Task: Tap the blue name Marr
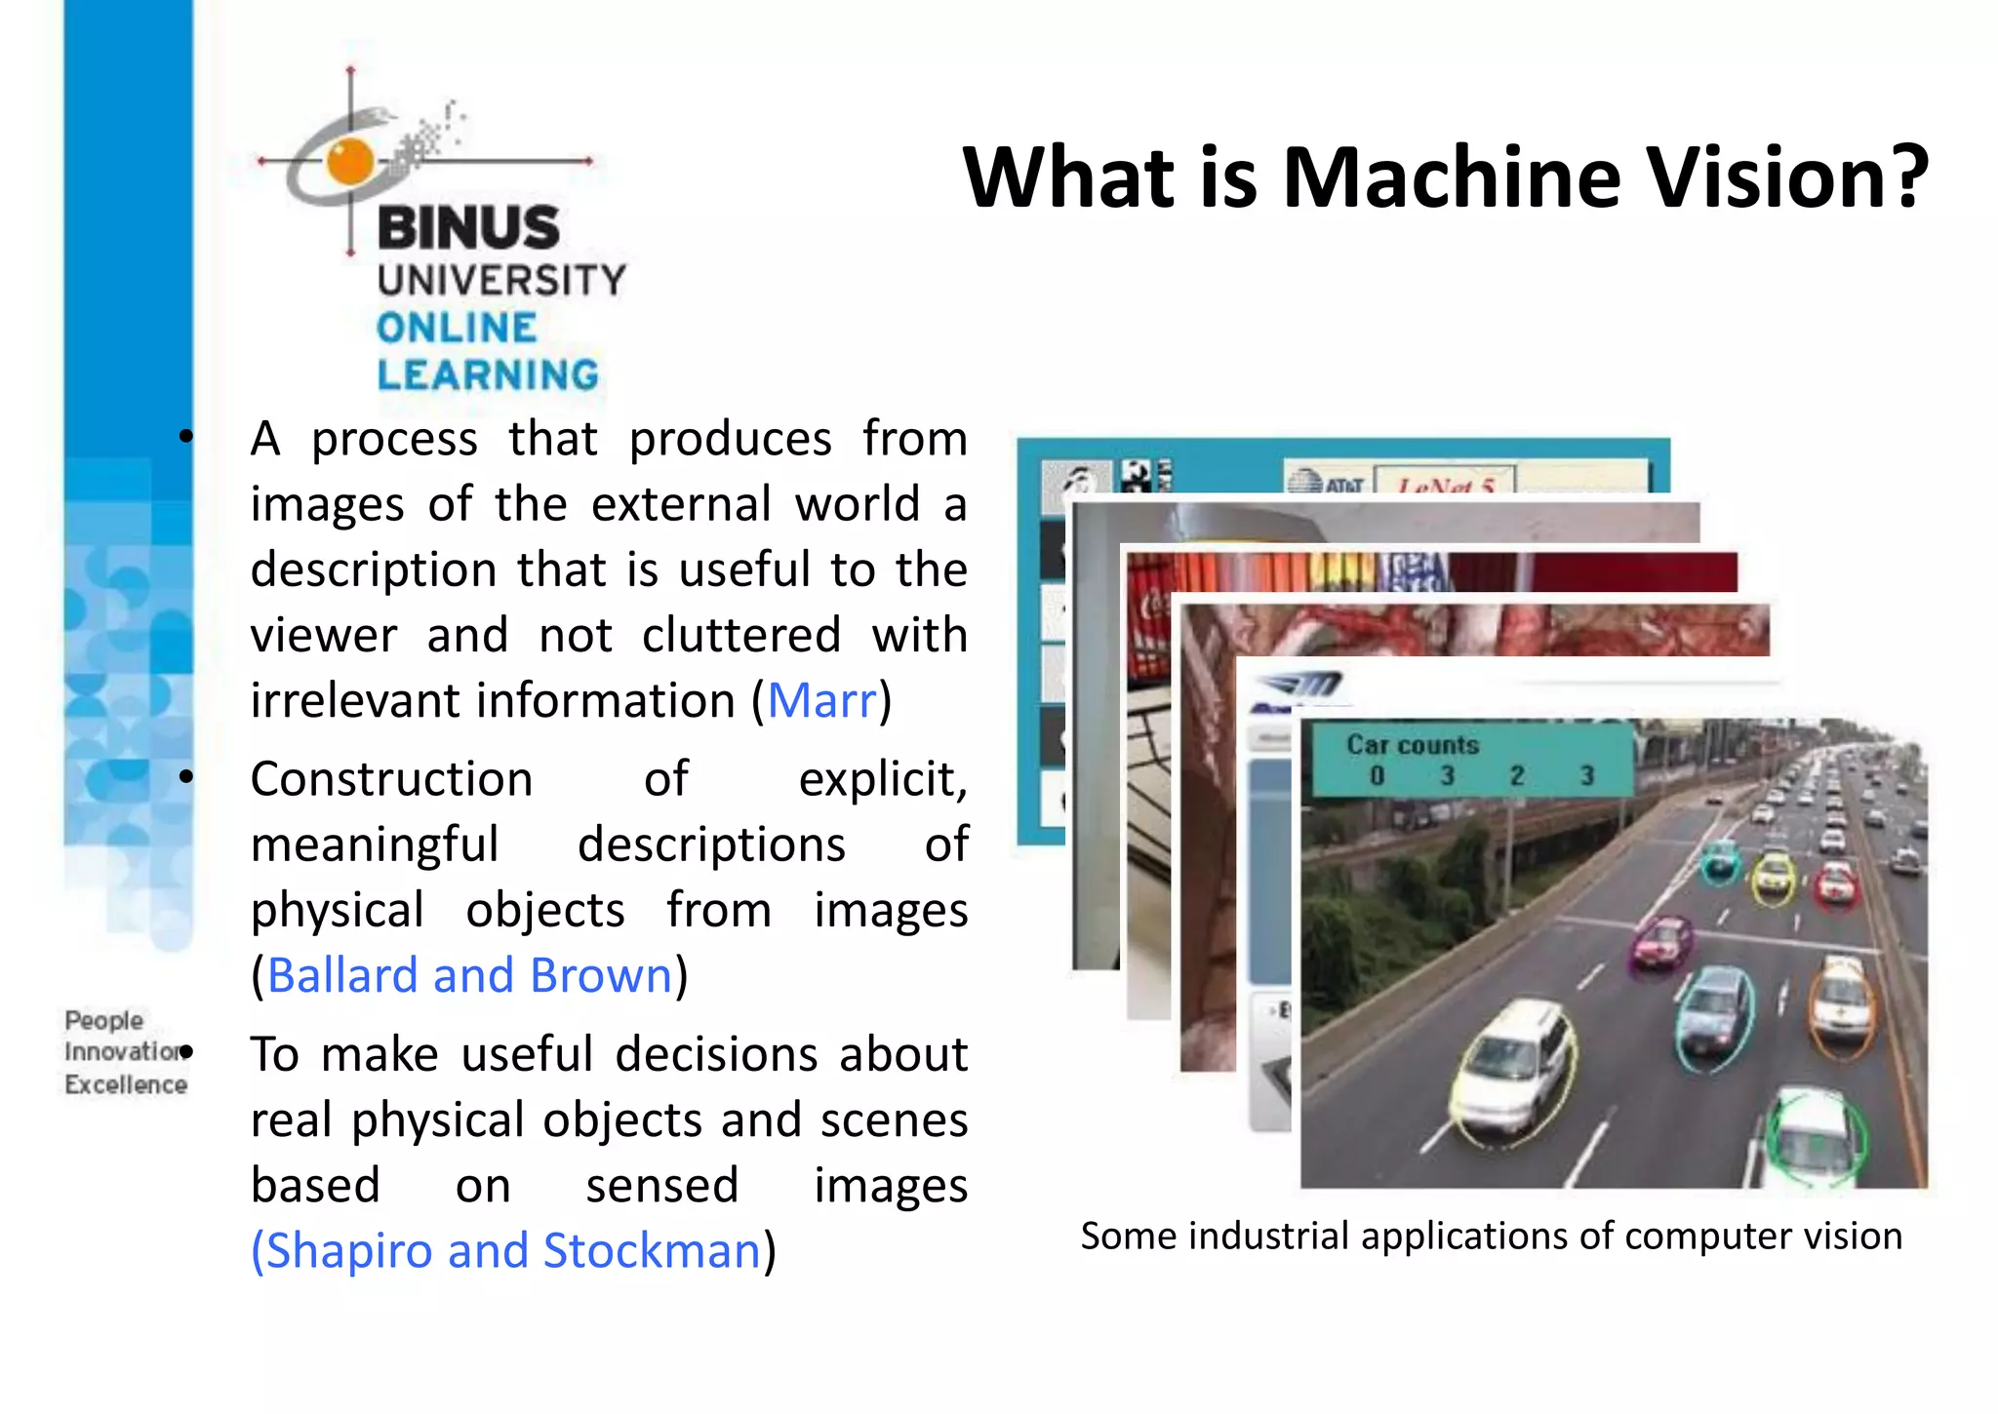pyautogui.click(x=821, y=700)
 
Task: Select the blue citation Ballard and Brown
pyautogui.click(x=469, y=975)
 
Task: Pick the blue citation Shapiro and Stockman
pyautogui.click(x=507, y=1250)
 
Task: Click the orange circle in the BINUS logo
pyautogui.click(x=350, y=161)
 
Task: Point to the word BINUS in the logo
pyautogui.click(x=468, y=228)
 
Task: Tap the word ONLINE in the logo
pyautogui.click(x=457, y=328)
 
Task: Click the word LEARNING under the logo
pyautogui.click(x=488, y=375)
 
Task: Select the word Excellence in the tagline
pyautogui.click(x=126, y=1084)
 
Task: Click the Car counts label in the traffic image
pyautogui.click(x=1413, y=745)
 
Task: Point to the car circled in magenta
pyautogui.click(x=1661, y=941)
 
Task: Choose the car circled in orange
pyautogui.click(x=1840, y=1004)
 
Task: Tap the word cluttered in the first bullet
pyautogui.click(x=741, y=636)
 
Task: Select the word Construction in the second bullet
pyautogui.click(x=391, y=779)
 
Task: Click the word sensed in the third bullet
pyautogui.click(x=661, y=1186)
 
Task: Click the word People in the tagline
pyautogui.click(x=103, y=1020)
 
